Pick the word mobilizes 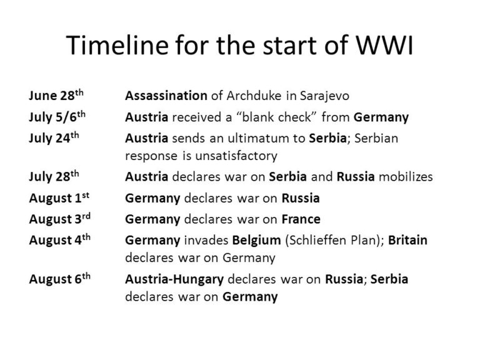coord(405,177)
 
